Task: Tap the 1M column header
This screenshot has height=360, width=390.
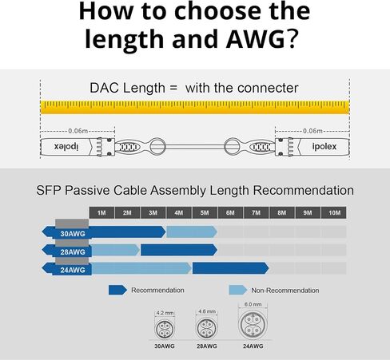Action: coord(101,213)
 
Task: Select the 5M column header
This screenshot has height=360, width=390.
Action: coord(205,213)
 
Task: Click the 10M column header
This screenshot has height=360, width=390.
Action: coord(333,213)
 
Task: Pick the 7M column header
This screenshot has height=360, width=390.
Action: coord(256,213)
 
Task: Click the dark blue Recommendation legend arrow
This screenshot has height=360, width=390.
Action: coord(117,290)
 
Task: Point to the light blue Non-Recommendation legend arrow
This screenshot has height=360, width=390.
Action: coord(237,290)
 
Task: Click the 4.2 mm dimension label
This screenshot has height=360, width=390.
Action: coord(164,314)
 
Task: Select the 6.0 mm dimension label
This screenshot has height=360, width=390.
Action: coord(253,304)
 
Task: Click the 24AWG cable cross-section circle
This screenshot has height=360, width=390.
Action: coord(253,325)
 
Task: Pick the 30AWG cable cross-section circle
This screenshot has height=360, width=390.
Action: coord(164,328)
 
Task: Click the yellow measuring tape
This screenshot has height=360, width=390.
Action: coord(195,106)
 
